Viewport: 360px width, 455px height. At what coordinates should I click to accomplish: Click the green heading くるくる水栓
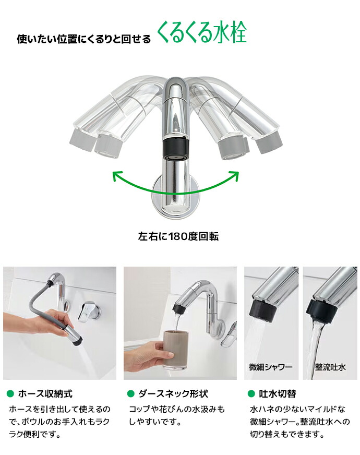202,32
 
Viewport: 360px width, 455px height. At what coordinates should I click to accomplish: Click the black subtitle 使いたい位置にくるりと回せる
84,39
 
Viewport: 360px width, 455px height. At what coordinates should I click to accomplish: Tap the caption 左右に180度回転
178,236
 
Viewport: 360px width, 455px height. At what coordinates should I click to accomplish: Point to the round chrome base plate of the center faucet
176,197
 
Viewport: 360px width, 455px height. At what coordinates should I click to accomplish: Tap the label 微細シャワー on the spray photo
271,367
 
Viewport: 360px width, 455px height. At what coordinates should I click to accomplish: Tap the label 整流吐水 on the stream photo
330,367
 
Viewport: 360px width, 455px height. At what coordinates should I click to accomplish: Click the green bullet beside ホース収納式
10,393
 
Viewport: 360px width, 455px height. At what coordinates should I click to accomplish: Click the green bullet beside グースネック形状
131,393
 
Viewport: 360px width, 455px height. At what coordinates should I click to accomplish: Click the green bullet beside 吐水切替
251,393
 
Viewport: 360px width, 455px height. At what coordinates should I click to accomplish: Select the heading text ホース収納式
45,393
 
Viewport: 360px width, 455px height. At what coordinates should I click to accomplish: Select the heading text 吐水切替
278,393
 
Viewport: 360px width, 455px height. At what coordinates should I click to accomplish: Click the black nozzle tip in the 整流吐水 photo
321,311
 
